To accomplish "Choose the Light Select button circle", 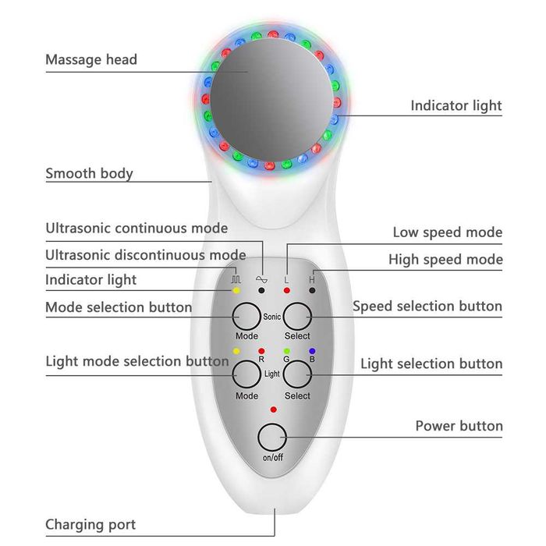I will point(297,375).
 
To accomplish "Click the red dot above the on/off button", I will point(273,409).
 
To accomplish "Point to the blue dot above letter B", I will point(312,351).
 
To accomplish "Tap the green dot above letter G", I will point(287,351).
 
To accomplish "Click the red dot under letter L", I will point(287,290).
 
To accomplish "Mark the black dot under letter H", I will point(312,290).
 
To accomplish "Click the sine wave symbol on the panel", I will point(261,277).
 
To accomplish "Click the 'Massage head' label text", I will point(91,59).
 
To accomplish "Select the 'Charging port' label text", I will point(90,524).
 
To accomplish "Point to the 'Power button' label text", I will point(459,426).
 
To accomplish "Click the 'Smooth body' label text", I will point(89,173).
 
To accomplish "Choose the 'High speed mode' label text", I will point(445,260).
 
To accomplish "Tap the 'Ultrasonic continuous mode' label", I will point(136,229).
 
